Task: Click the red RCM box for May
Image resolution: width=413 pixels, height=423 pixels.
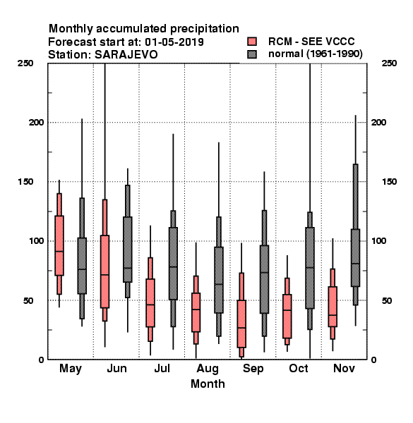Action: tap(59, 245)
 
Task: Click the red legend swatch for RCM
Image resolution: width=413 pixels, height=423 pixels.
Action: tap(252, 42)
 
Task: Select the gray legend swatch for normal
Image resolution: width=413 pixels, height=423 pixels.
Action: tap(252, 54)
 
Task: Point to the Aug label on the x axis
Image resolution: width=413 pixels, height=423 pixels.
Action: tap(208, 369)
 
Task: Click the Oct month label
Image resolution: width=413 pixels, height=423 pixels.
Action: tap(299, 368)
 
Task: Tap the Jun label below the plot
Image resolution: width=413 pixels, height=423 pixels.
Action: tap(116, 368)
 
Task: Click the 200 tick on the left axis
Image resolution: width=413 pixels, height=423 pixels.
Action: tap(36, 122)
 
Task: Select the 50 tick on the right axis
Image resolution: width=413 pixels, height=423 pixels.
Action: tap(387, 300)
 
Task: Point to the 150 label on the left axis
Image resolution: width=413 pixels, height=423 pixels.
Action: tap(25, 182)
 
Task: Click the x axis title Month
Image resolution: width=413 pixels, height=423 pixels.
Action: tap(208, 384)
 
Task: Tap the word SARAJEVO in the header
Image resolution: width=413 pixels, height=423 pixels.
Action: tap(126, 55)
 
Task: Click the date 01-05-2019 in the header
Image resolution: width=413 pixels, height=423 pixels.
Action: tap(174, 42)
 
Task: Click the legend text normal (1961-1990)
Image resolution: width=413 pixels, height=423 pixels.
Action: tap(315, 54)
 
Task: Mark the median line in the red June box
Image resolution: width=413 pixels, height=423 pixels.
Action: tap(104, 275)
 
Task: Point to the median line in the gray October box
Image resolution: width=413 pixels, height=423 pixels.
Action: tap(310, 268)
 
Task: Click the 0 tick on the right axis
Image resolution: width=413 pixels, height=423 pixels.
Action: tap(373, 360)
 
